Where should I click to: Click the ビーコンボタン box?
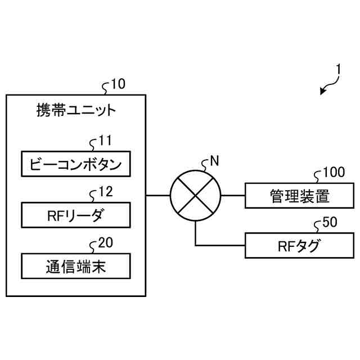tap(75, 164)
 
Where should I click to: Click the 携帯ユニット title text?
tap(75, 110)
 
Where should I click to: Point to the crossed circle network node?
tap(196, 196)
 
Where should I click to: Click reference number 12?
tap(105, 192)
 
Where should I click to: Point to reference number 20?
tap(105, 243)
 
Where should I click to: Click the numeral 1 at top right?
tap(338, 70)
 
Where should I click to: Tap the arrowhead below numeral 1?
tap(323, 91)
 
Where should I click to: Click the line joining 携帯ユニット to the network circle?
tap(158, 196)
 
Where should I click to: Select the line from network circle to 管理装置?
tap(233, 196)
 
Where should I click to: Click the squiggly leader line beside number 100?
tap(317, 175)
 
